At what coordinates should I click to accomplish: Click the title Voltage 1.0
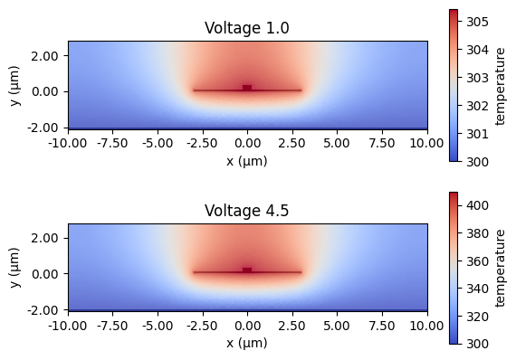247,28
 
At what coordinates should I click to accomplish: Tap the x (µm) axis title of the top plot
247,161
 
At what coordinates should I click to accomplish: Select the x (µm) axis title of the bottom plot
247,343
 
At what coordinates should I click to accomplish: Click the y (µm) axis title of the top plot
13,85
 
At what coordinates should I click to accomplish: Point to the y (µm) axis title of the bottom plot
13,267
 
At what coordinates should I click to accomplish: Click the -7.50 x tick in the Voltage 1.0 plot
113,143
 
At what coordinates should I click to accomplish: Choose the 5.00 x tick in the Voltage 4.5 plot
337,325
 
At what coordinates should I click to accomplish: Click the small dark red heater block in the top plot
247,88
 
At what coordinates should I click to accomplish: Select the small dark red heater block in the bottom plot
247,270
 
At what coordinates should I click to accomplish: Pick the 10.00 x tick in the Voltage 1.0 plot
426,143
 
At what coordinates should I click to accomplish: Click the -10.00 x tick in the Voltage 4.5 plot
68,325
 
